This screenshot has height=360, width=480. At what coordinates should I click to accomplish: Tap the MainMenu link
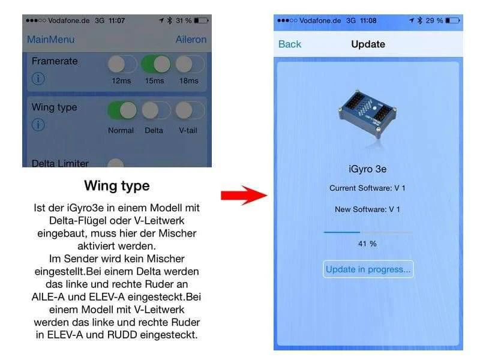51,40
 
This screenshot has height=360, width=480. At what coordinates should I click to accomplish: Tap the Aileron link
191,40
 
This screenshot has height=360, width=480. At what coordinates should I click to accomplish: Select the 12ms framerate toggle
122,64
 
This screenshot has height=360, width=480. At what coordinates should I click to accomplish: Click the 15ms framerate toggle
156,64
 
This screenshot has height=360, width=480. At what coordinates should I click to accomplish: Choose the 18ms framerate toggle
190,64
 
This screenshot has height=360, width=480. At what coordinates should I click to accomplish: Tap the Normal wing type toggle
122,110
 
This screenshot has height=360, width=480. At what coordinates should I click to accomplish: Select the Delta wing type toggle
156,110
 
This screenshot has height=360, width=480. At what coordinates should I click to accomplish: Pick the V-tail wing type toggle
190,110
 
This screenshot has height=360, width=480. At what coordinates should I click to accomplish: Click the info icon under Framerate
38,79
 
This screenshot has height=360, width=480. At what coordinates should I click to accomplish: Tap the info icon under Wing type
38,125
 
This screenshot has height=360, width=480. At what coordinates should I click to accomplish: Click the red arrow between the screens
244,196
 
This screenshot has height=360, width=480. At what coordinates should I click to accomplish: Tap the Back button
290,44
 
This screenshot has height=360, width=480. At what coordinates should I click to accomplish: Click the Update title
368,44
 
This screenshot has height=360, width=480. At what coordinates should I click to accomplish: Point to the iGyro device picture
367,115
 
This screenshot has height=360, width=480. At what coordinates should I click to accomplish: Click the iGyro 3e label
367,169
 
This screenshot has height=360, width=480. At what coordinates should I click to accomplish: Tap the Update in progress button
368,269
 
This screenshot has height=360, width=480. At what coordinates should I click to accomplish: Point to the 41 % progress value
367,244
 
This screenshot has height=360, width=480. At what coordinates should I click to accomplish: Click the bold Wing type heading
117,186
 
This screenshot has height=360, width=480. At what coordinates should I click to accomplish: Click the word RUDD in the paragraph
122,335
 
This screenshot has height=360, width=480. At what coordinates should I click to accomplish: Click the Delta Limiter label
60,163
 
